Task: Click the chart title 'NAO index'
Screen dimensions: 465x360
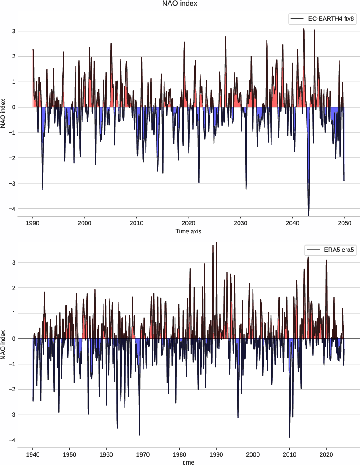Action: (x=180, y=4)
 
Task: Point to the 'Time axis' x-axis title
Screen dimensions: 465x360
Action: (x=189, y=231)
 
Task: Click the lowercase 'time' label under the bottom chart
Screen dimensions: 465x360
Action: (x=189, y=462)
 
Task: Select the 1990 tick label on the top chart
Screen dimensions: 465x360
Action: (x=32, y=222)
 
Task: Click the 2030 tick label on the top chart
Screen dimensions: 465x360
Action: (x=240, y=222)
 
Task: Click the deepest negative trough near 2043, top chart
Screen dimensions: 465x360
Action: (x=308, y=215)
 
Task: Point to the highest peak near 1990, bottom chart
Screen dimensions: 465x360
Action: (x=217, y=243)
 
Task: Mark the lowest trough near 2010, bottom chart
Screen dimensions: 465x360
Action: (x=289, y=437)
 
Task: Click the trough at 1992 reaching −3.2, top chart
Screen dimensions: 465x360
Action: (x=43, y=189)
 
